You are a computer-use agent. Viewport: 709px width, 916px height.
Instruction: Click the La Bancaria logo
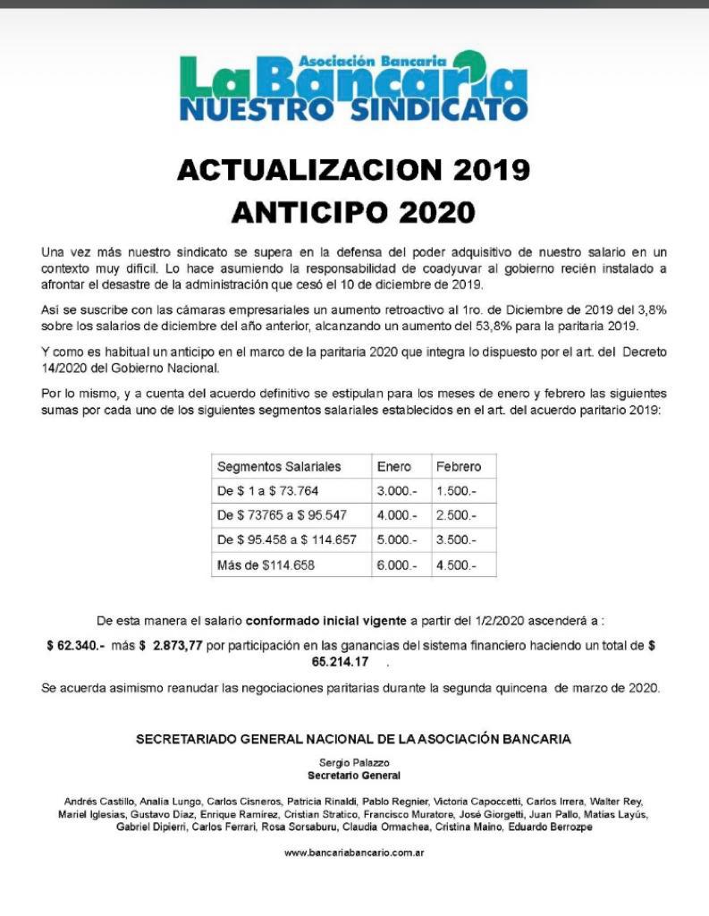(x=353, y=86)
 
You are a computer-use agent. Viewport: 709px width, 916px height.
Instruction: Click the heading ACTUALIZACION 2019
(x=353, y=169)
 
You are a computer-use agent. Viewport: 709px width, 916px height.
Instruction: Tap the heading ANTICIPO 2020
(x=353, y=212)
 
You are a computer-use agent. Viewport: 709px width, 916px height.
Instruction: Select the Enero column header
(x=394, y=467)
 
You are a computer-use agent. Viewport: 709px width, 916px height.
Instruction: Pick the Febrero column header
(x=458, y=467)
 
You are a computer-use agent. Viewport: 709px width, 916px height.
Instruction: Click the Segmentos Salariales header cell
(x=279, y=467)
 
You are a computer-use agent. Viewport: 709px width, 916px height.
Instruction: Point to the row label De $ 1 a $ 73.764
(x=268, y=491)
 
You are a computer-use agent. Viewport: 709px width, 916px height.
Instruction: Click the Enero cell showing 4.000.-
(x=397, y=516)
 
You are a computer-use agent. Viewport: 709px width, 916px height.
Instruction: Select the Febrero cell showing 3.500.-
(x=456, y=540)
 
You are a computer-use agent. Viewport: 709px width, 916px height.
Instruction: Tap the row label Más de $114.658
(x=266, y=565)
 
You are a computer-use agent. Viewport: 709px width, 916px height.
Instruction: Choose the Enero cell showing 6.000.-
(x=397, y=565)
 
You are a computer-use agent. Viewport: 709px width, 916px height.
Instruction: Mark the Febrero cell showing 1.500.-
(x=456, y=491)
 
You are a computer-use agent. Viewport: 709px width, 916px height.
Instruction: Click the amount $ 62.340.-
(x=77, y=646)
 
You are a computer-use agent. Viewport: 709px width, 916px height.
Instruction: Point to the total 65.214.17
(x=340, y=663)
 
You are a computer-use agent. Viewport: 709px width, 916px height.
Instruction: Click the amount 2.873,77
(x=176, y=646)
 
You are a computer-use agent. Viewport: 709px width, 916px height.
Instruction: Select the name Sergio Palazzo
(x=353, y=762)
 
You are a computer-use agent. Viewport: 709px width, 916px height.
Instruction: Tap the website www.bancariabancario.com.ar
(x=353, y=852)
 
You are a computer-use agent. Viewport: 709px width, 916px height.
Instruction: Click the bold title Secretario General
(x=353, y=775)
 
